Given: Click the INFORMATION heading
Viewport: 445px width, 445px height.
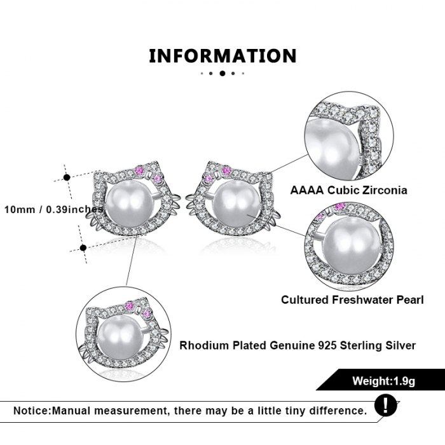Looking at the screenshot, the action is click(x=222, y=56).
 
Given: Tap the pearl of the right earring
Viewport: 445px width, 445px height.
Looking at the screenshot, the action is click(x=236, y=205).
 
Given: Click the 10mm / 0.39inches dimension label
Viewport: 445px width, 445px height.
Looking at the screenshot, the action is click(x=53, y=210).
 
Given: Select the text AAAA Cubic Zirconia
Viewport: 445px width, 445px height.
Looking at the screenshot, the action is click(x=349, y=190).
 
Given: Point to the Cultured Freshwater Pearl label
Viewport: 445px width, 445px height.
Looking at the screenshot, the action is click(x=352, y=299).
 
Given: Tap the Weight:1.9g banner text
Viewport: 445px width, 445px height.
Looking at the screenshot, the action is click(x=384, y=381).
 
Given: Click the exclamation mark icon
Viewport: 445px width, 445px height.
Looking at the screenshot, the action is click(x=385, y=406).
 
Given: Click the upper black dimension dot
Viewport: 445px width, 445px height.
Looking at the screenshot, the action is click(x=67, y=177).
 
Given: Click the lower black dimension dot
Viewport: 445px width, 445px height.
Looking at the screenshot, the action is click(x=83, y=248).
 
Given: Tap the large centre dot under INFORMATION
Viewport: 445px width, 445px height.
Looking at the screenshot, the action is click(x=222, y=73).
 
